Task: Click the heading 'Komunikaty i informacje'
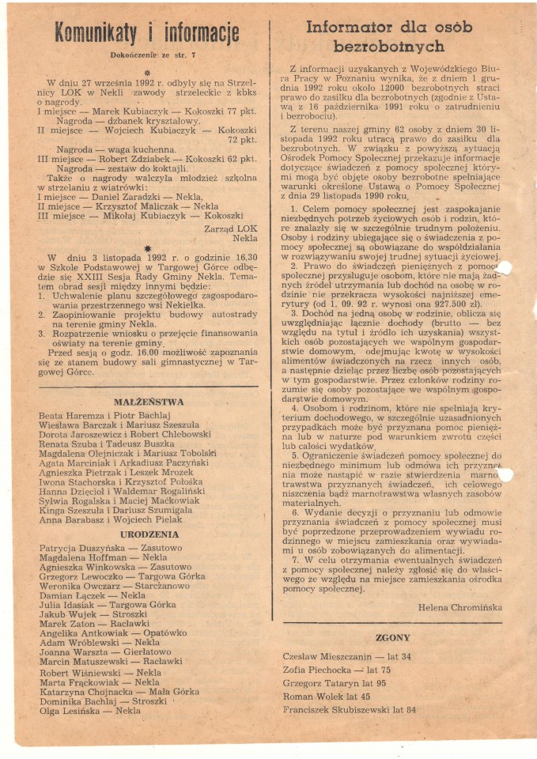point(146,34)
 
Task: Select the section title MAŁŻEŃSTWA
point(149,402)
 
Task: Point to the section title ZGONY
point(392,637)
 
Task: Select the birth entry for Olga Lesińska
point(89,711)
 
